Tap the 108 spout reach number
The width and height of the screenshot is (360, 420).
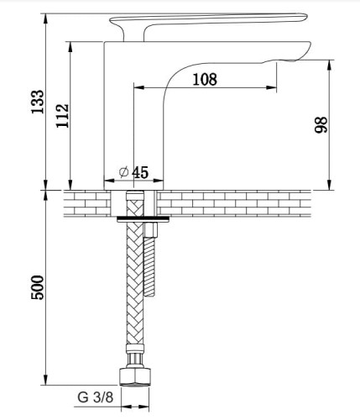[204, 80]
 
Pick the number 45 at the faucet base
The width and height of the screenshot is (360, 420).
[139, 172]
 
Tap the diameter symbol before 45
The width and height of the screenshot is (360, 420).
[123, 172]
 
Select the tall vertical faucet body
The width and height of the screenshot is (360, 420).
[117, 118]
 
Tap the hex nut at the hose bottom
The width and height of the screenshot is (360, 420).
[133, 375]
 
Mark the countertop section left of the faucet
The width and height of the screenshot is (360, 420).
[84, 202]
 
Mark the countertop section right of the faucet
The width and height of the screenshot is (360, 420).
[243, 202]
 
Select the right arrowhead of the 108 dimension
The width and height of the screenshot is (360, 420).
[275, 88]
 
